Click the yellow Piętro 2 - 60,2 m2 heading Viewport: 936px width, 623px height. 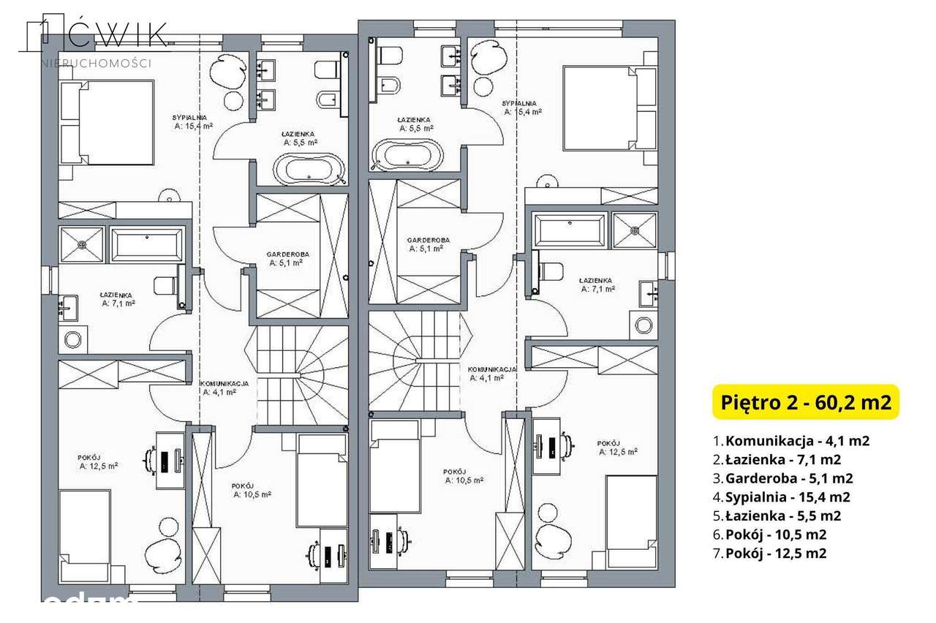tap(805, 403)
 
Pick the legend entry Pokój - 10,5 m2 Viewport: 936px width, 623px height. tap(775, 535)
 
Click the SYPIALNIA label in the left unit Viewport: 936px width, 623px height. tap(190, 117)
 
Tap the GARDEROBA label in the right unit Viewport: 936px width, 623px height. tap(429, 240)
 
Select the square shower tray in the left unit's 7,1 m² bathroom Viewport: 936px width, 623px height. tap(82, 244)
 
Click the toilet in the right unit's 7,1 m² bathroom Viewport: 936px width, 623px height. tap(549, 270)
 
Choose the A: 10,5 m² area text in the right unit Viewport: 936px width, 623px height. tap(464, 480)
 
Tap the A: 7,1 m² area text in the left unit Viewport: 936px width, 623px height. tap(118, 302)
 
